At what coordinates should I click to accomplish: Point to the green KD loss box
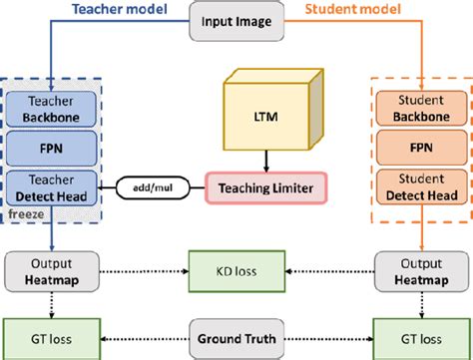point(236,270)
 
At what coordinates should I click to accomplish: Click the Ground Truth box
point(236,333)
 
